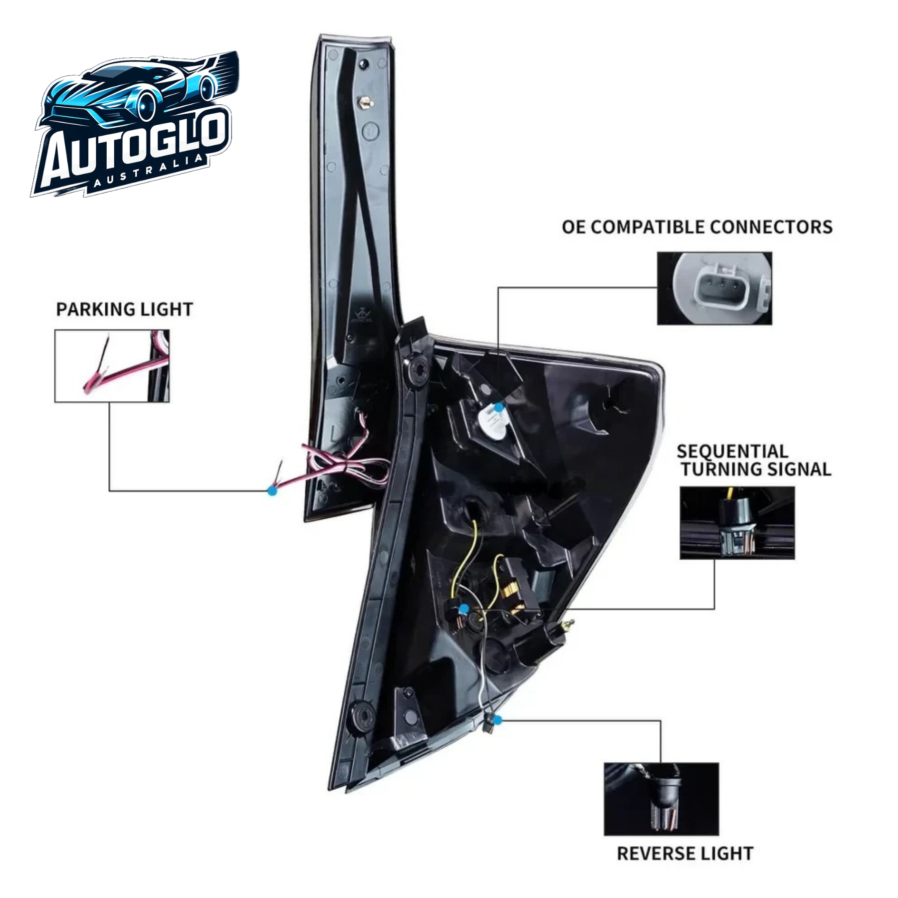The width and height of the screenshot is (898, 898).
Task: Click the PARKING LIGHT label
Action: (124, 309)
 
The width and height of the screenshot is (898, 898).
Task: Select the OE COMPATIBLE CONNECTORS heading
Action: (697, 227)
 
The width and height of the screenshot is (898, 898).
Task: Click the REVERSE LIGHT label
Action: (685, 854)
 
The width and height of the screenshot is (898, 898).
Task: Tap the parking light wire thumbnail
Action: (112, 366)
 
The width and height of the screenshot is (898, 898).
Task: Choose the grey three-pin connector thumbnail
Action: (714, 288)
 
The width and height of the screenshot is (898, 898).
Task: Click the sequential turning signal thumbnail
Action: (737, 522)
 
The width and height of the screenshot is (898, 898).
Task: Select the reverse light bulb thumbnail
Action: (661, 799)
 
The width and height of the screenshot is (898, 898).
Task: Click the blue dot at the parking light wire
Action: (272, 491)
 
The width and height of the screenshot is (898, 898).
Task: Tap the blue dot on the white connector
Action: (499, 408)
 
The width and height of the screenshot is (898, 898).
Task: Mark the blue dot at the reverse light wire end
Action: (497, 720)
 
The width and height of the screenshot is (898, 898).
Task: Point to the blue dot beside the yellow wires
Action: (464, 608)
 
